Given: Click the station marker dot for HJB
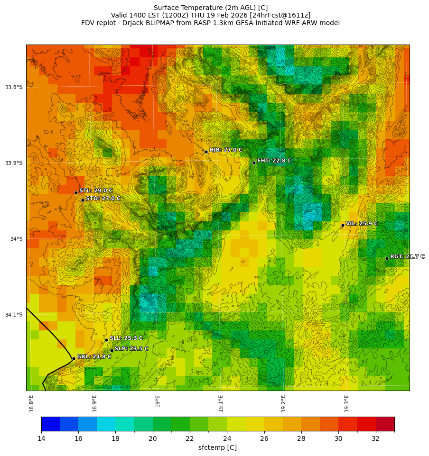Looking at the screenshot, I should click(206, 152).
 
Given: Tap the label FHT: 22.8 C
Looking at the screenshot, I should click(274, 161).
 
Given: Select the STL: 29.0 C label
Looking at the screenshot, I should click(96, 191).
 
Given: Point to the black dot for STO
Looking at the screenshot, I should click(83, 200).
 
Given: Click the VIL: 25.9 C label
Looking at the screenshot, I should click(362, 223).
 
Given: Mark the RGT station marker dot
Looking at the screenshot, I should click(387, 258).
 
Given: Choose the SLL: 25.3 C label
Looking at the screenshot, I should click(126, 338).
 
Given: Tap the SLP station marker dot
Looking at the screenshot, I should click(112, 350).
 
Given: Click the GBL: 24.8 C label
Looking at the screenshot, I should click(94, 356).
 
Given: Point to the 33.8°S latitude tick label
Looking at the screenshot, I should click(14, 87).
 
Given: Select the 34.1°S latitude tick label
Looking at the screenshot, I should click(14, 315).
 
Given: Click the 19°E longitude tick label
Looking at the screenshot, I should click(158, 401).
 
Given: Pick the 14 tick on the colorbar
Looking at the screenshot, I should click(41, 438).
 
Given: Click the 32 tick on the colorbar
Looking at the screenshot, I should click(376, 438).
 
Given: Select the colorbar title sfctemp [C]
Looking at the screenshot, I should click(217, 447).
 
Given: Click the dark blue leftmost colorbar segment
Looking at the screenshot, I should click(50, 424).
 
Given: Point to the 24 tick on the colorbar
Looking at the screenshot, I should click(227, 438).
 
